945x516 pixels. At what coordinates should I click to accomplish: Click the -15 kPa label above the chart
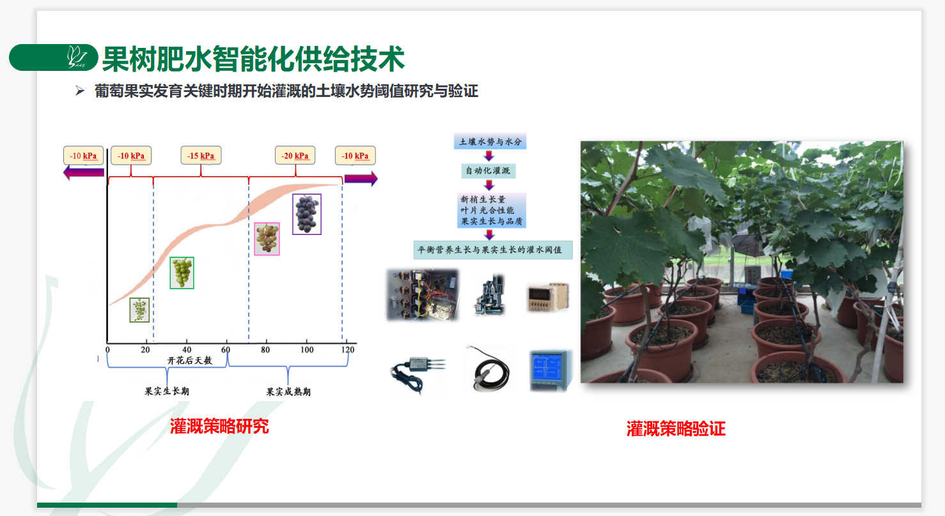(x=201, y=156)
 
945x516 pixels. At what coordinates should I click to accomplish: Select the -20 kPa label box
(x=295, y=156)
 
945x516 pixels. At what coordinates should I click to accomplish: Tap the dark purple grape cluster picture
(x=307, y=214)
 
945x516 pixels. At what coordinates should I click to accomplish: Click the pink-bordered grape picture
(x=267, y=239)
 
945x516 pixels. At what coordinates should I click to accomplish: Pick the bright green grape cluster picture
(x=182, y=273)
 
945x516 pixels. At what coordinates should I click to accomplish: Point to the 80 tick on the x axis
(x=265, y=349)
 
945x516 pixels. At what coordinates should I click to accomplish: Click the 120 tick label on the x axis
(x=348, y=349)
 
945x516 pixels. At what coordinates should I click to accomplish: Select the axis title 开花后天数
(x=189, y=360)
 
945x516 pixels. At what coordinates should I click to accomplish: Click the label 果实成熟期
(x=288, y=391)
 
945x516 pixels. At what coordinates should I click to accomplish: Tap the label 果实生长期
(x=167, y=391)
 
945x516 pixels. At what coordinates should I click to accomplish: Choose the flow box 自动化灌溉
(x=488, y=171)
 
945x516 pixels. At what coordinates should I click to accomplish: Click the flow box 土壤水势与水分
(x=490, y=142)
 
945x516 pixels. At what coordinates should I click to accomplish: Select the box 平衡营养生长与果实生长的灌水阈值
(x=492, y=250)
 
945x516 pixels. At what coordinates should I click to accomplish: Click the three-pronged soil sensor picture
(x=417, y=368)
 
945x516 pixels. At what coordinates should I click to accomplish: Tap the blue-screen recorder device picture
(x=551, y=370)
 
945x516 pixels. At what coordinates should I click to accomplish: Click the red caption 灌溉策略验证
(x=676, y=429)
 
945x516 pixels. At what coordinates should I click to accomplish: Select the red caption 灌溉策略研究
(x=219, y=426)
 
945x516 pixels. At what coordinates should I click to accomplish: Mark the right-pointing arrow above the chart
(x=361, y=178)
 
